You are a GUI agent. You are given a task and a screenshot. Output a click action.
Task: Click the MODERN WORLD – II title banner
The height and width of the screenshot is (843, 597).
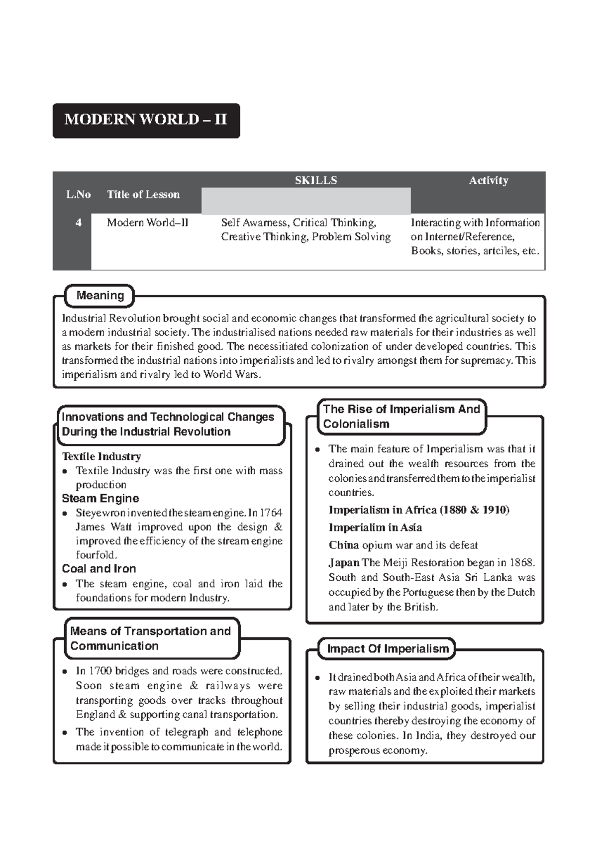click(x=146, y=120)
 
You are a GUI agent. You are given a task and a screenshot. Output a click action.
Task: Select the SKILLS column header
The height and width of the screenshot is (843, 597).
click(x=315, y=180)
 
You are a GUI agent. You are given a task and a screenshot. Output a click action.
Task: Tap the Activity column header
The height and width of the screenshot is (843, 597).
click(x=488, y=180)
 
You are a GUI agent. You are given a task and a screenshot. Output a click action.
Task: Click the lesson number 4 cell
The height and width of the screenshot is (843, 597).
click(x=78, y=223)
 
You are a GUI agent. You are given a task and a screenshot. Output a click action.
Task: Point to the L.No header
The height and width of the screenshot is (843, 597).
click(x=78, y=195)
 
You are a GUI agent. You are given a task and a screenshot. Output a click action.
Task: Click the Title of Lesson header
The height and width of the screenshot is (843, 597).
click(x=143, y=195)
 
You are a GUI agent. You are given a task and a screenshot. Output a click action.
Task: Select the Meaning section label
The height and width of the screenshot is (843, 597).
click(x=99, y=296)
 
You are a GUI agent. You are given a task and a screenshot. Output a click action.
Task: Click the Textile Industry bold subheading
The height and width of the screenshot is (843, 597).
click(x=101, y=456)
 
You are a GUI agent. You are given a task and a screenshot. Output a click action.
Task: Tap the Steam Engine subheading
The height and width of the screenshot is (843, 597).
click(x=100, y=498)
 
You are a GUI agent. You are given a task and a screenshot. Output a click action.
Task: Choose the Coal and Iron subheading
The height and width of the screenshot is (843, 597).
click(x=99, y=568)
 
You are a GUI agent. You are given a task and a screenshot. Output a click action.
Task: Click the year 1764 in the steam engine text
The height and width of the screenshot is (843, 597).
click(x=271, y=513)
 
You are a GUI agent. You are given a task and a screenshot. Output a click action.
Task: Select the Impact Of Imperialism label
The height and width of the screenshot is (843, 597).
click(x=388, y=649)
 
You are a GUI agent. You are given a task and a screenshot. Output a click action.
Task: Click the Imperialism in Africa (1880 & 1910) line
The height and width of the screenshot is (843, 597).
click(x=419, y=510)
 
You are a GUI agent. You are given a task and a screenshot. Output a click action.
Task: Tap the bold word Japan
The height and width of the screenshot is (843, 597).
click(x=344, y=563)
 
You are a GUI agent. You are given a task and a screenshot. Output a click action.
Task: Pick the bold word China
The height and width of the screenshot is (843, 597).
click(x=344, y=545)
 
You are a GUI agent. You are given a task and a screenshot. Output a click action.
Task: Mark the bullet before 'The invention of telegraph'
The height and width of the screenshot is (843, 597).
click(x=65, y=733)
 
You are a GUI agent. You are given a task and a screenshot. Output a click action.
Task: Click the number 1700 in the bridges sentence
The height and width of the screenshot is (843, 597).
click(x=100, y=671)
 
